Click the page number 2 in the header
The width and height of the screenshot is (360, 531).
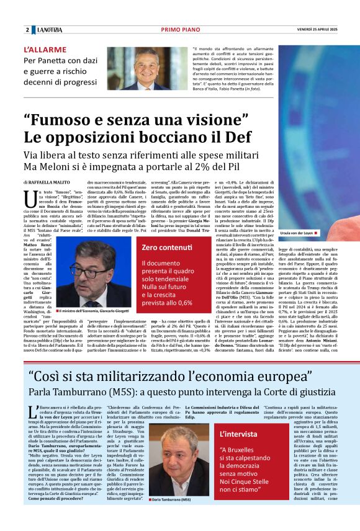(x=27, y=30)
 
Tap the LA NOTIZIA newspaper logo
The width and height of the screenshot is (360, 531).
(x=49, y=30)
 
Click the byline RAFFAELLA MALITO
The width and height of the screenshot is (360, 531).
(x=48, y=182)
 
